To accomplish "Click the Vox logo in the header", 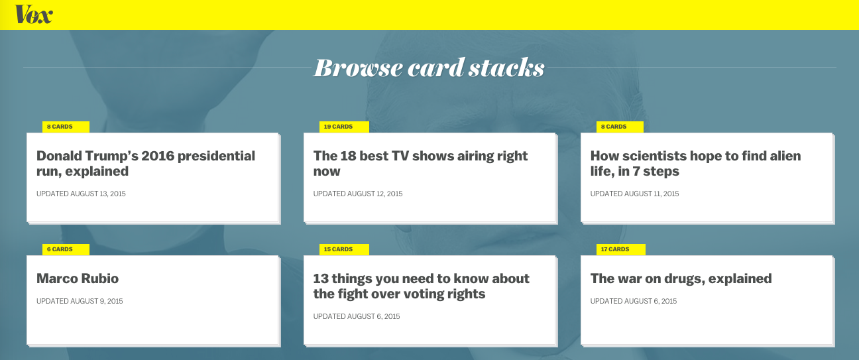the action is click(34, 15).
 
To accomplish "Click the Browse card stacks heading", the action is click(429, 68).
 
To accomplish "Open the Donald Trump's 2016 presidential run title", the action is click(146, 163).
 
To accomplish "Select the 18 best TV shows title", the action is click(420, 163).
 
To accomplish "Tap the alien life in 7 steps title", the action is click(696, 163).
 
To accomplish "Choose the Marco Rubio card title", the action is click(78, 278).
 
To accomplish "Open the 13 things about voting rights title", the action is click(421, 286).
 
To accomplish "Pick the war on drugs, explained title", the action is click(681, 278).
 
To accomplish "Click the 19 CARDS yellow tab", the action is click(344, 127).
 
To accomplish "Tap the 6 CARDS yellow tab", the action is click(66, 249).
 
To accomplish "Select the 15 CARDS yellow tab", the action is click(344, 249).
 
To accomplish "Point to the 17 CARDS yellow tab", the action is click(620, 249).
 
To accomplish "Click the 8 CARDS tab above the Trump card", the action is click(66, 127).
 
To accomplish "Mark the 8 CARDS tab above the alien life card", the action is click(620, 127).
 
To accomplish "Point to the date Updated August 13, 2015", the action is click(81, 194).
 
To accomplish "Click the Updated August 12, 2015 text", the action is click(358, 194).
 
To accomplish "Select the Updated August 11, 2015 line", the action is click(634, 194).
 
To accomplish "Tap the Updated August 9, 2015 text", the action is click(80, 301).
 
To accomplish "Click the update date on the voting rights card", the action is click(357, 316).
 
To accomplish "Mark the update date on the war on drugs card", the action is click(634, 301).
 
